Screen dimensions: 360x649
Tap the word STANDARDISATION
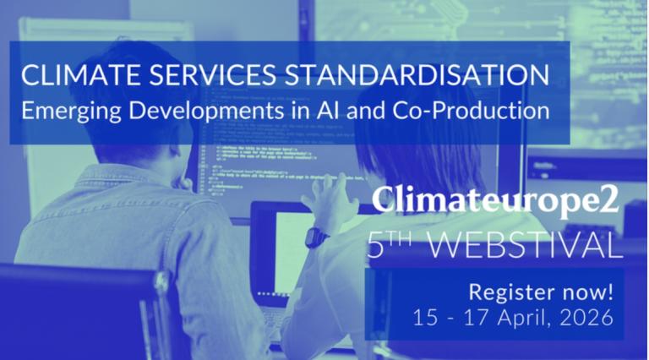click(x=416, y=74)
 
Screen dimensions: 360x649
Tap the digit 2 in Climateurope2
click(x=610, y=201)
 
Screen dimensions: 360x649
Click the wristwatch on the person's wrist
click(x=316, y=237)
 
